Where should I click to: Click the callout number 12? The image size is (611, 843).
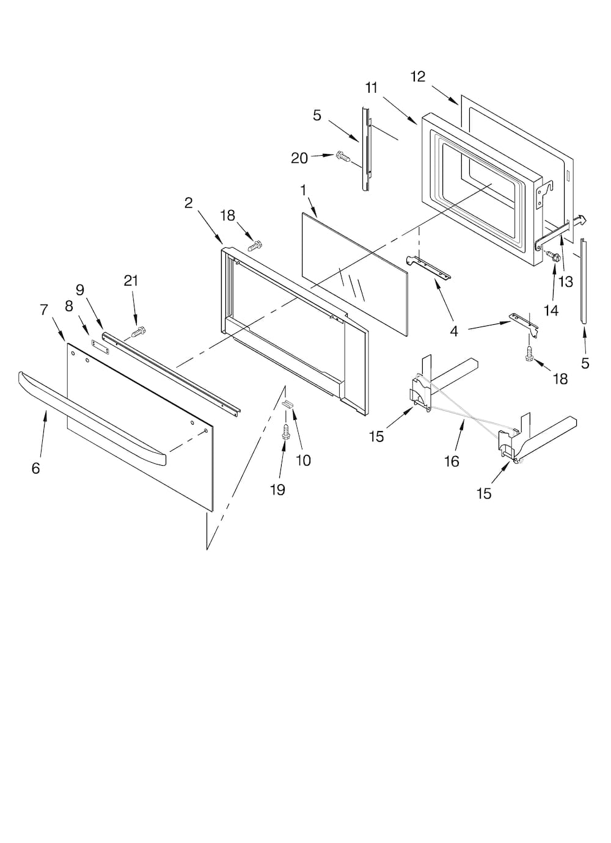[418, 76]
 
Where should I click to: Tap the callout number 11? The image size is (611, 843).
[371, 88]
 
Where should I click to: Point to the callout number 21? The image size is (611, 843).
[131, 280]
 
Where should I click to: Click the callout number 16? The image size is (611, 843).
[451, 461]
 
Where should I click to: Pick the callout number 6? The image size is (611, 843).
[36, 468]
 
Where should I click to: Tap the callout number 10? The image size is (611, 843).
[304, 460]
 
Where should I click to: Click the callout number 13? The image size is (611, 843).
[566, 281]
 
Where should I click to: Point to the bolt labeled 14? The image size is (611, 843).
[553, 257]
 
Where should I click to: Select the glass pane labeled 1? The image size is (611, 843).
[354, 272]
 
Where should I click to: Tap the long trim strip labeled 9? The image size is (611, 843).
[171, 372]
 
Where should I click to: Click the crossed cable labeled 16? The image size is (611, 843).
[464, 409]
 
